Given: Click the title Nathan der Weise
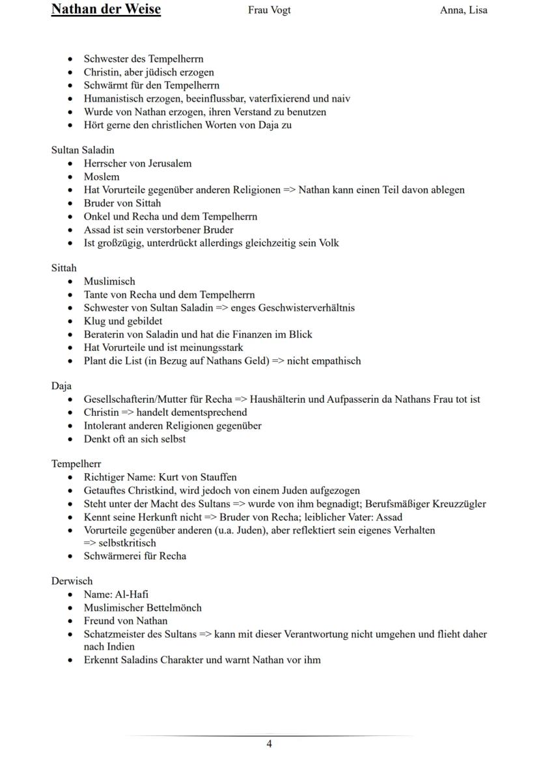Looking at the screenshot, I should [105, 10].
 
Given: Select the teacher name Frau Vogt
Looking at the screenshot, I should [269, 10].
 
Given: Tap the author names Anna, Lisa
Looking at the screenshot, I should [463, 10].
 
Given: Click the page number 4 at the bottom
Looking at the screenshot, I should [269, 744].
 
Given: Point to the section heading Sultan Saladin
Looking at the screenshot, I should [83, 150].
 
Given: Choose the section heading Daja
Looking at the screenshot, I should [61, 386].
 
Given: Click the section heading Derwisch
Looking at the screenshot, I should [72, 581].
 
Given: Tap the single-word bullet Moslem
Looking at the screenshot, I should [102, 177].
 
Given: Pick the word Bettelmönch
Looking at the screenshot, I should [171, 608].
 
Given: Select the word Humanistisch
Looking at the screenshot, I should [115, 99].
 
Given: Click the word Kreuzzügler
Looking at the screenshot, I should [457, 504].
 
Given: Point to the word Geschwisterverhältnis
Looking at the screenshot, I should [306, 308].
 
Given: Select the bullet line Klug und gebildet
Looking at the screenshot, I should [123, 321].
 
